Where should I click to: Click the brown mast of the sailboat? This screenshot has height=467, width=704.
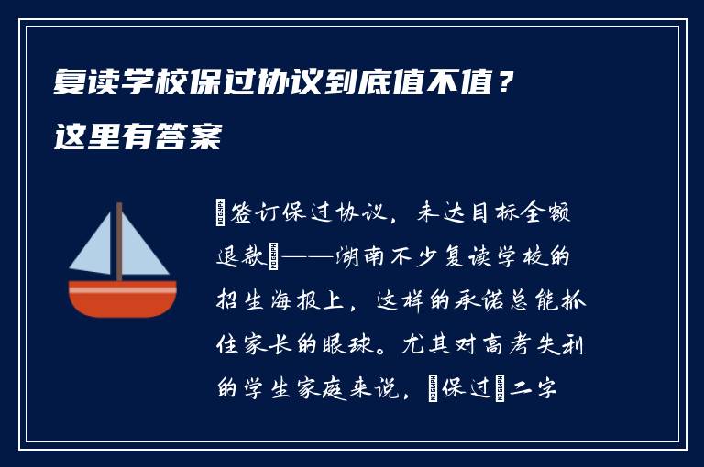pyautogui.click(x=119, y=242)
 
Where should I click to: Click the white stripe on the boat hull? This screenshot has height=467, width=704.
pyautogui.click(x=123, y=288)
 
